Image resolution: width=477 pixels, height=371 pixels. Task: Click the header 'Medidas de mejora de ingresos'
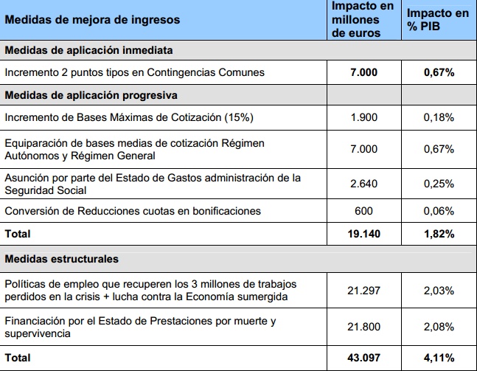(92, 21)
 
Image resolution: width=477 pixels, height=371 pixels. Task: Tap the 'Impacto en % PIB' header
(438, 21)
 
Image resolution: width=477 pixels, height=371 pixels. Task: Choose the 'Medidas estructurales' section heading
(62, 260)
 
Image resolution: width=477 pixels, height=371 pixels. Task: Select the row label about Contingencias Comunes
(134, 72)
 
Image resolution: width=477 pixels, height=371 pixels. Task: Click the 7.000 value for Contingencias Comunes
(363, 72)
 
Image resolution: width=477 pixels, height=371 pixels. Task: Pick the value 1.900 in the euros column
(363, 118)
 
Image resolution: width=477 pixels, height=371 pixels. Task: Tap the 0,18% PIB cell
(438, 118)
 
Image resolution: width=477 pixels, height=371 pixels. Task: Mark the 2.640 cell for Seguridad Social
(363, 184)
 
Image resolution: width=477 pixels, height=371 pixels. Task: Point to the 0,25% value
(438, 184)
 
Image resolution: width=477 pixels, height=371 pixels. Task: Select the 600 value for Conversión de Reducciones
(363, 211)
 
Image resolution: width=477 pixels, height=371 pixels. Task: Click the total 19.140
(363, 234)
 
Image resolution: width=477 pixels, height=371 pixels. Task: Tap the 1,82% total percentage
(438, 234)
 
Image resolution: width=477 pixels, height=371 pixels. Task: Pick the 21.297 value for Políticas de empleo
(363, 291)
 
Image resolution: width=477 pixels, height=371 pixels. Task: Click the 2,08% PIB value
(438, 327)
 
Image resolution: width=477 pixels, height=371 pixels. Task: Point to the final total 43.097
(363, 357)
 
